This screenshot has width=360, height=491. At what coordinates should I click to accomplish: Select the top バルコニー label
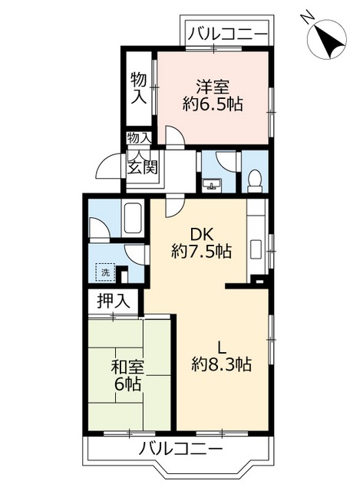pyautogui.click(x=228, y=34)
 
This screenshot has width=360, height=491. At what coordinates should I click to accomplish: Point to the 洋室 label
pyautogui.click(x=212, y=86)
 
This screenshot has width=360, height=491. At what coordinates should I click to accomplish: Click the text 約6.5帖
pyautogui.click(x=213, y=104)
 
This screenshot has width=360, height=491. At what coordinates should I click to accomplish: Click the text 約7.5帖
pyautogui.click(x=201, y=251)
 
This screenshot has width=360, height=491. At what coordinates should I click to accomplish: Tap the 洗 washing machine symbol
pyautogui.click(x=104, y=272)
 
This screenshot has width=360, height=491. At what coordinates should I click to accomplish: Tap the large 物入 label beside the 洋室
pyautogui.click(x=139, y=87)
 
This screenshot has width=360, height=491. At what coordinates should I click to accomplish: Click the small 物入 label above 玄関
pyautogui.click(x=139, y=138)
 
